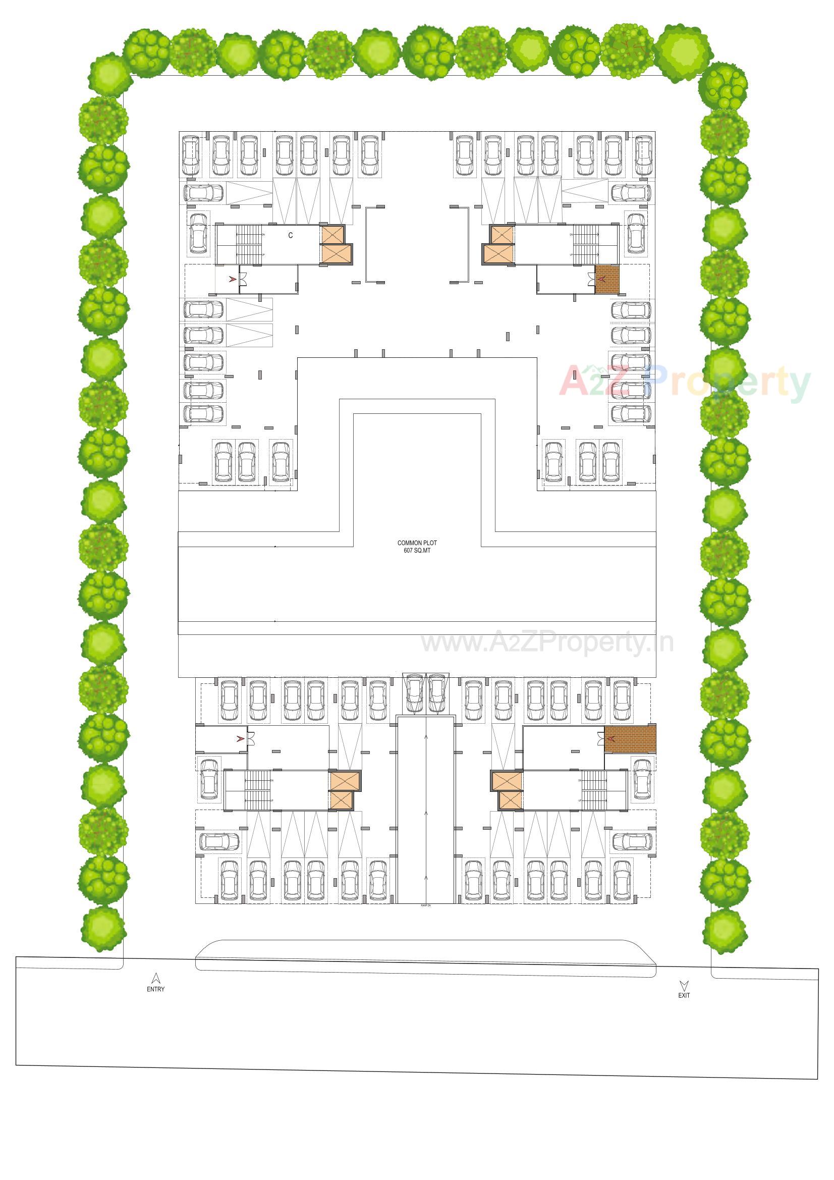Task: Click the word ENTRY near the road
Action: tap(156, 989)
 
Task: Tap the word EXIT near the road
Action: tap(684, 995)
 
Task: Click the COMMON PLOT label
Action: tap(417, 543)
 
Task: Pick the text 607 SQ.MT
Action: tap(417, 551)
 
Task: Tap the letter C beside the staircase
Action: tap(290, 235)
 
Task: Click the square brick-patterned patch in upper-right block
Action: tap(607, 280)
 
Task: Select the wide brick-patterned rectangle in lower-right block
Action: tap(630, 738)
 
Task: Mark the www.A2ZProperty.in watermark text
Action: tap(547, 642)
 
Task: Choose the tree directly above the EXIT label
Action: tap(724, 929)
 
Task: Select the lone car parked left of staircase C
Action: tap(198, 233)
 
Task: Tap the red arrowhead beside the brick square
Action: tap(602, 279)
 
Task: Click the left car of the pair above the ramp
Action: tap(414, 693)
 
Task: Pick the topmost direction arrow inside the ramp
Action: tap(425, 736)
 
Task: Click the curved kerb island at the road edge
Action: tap(425, 955)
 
